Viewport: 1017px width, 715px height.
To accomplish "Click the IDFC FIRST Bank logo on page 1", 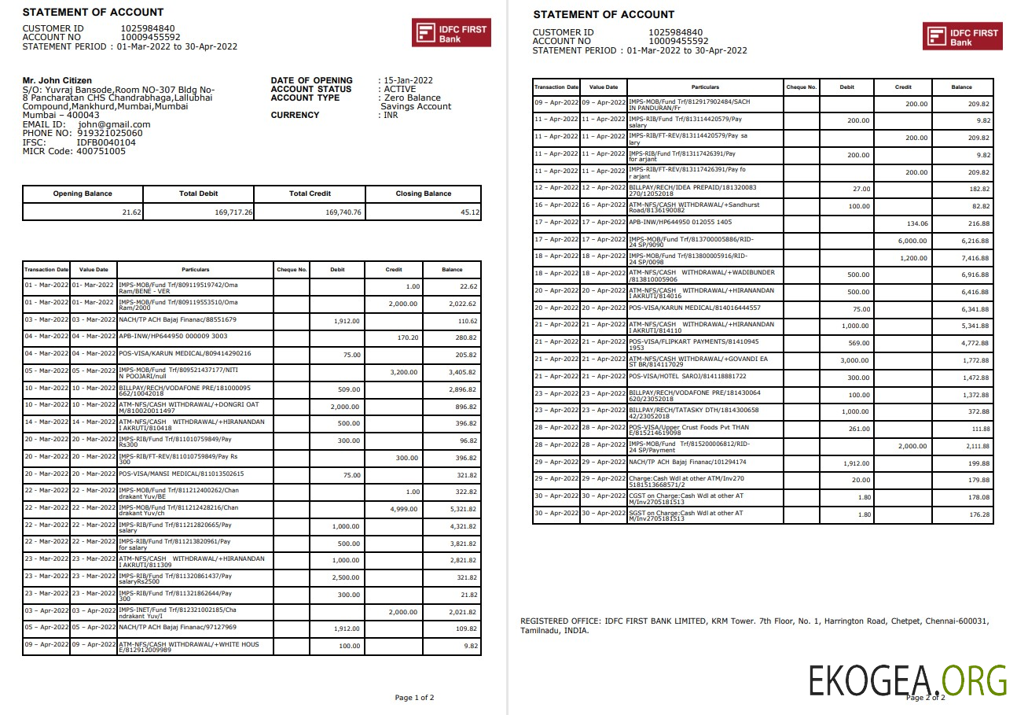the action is [x=451, y=33].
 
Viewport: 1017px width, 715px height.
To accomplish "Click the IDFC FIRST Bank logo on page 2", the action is [x=962, y=36].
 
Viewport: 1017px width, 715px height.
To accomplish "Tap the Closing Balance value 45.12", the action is [x=470, y=212].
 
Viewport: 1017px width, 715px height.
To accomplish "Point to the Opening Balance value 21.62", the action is [x=131, y=212].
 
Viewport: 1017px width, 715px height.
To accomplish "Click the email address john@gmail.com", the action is [x=114, y=124].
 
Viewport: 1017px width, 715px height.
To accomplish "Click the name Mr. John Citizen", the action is [x=57, y=80].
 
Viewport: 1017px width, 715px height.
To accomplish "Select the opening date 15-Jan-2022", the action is [x=408, y=80].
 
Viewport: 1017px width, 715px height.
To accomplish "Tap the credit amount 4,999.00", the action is [x=404, y=508].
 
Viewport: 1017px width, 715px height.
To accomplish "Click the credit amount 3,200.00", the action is [x=404, y=371].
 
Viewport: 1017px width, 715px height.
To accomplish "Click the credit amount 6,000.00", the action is [x=912, y=241].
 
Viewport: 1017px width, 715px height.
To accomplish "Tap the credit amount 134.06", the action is [x=916, y=223].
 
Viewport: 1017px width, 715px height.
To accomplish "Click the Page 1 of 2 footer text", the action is [x=413, y=698].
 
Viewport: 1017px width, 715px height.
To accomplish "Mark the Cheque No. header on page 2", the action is [x=801, y=87].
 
